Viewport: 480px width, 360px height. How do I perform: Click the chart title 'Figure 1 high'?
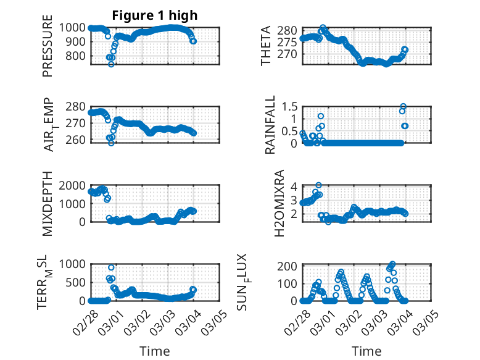tap(154, 15)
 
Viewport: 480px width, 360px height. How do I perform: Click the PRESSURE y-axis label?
tap(48, 50)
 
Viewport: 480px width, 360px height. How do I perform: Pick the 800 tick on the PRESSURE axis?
tap(78, 56)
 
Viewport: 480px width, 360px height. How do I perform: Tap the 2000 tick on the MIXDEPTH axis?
tap(75, 185)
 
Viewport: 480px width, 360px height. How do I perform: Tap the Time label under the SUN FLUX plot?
tap(366, 351)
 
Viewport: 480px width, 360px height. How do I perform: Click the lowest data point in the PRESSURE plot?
tap(111, 64)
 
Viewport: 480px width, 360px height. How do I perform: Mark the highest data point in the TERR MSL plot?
tap(111, 267)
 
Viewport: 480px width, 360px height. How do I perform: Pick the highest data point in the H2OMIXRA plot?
tap(318, 185)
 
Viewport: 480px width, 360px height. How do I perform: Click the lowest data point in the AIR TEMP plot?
tap(111, 143)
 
